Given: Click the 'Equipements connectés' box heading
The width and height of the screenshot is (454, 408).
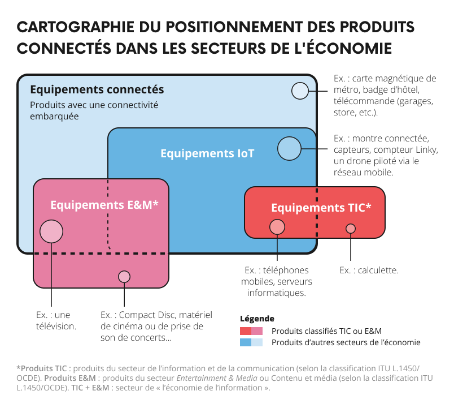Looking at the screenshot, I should coord(97,89).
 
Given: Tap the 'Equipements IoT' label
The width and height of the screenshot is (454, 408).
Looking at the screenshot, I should coord(207,153).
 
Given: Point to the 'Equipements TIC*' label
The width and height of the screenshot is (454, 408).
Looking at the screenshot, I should coord(321,208).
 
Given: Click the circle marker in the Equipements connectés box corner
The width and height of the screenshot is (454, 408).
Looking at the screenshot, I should coord(300,91).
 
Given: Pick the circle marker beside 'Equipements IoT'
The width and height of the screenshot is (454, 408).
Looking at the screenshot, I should coord(289,149).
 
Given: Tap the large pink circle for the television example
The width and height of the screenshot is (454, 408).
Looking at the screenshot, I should coord(51,231).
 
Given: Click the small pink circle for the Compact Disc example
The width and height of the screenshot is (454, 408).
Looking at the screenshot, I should coord(124,277).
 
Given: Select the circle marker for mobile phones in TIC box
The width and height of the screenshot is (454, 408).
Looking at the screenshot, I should coord(277,227).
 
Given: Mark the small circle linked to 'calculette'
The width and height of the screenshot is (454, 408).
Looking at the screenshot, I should coord(351,229).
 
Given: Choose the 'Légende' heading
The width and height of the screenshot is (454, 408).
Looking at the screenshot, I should coord(257,319).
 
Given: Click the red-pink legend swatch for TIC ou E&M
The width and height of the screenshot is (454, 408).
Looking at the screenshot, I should coord(251,331).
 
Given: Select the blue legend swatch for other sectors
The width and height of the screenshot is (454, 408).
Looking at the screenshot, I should coord(251,342).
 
